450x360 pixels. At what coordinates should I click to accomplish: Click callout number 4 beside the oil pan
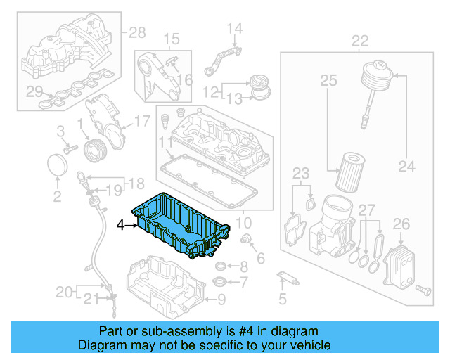pyautogui.click(x=120, y=226)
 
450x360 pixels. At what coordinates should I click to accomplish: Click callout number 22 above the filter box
pyautogui.click(x=360, y=41)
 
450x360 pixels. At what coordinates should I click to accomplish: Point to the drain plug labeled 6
pyautogui.click(x=247, y=242)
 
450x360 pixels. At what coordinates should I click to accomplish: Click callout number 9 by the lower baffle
pyautogui.click(x=221, y=300)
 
